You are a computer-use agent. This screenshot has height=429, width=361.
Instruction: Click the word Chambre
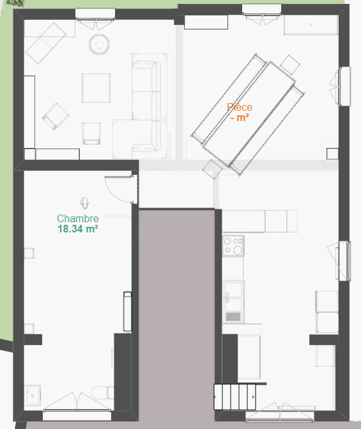(x=78, y=218)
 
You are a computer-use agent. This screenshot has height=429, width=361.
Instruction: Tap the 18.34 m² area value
(x=78, y=229)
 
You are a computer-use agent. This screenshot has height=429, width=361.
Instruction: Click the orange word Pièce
(x=240, y=107)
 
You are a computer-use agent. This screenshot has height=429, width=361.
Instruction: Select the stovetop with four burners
(x=233, y=246)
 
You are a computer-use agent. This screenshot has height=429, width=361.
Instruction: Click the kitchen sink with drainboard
(x=233, y=302)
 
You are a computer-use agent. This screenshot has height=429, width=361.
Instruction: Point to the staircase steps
(x=235, y=397)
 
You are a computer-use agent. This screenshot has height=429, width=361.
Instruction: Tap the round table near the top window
(x=99, y=44)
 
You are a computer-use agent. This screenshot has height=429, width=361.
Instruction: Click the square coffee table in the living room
(x=96, y=88)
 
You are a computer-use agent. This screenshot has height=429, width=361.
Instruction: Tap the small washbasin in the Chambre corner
(x=32, y=395)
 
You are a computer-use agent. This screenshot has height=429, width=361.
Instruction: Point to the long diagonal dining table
(x=249, y=114)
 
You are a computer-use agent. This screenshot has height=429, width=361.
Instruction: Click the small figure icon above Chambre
(x=85, y=203)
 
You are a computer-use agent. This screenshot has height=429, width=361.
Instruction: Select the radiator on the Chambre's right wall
(x=128, y=312)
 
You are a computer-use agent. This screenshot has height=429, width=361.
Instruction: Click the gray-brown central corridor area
(x=176, y=314)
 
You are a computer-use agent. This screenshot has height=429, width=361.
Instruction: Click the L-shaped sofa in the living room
(x=142, y=109)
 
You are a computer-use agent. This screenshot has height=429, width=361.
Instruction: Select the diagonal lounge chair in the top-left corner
(x=45, y=43)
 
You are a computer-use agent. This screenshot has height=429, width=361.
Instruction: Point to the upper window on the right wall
(x=344, y=86)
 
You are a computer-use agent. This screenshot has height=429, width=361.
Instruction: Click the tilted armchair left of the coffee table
(x=56, y=116)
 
